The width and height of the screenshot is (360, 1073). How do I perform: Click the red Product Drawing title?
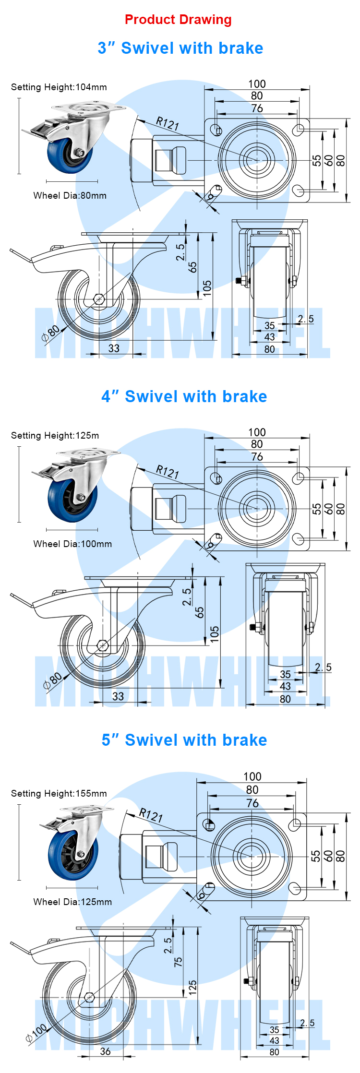coord(178,20)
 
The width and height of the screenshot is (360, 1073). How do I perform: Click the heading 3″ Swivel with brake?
coord(180,48)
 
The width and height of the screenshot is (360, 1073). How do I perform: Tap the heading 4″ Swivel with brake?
coord(184,397)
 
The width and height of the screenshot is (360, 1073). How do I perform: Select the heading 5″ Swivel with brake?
coord(184,740)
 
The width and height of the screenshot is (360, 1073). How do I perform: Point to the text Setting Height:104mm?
coord(59,87)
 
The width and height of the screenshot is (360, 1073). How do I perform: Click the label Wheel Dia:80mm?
coord(70,196)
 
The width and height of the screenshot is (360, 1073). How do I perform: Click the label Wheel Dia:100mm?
coord(72,544)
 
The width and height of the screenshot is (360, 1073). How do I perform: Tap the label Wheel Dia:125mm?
coord(72,902)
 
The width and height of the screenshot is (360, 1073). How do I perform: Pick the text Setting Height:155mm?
coord(59,794)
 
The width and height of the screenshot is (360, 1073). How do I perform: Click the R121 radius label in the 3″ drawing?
coord(168,123)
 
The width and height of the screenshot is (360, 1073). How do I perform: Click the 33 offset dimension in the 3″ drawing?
coord(114,348)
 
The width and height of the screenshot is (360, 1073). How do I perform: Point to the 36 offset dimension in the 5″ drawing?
coord(105,1051)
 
